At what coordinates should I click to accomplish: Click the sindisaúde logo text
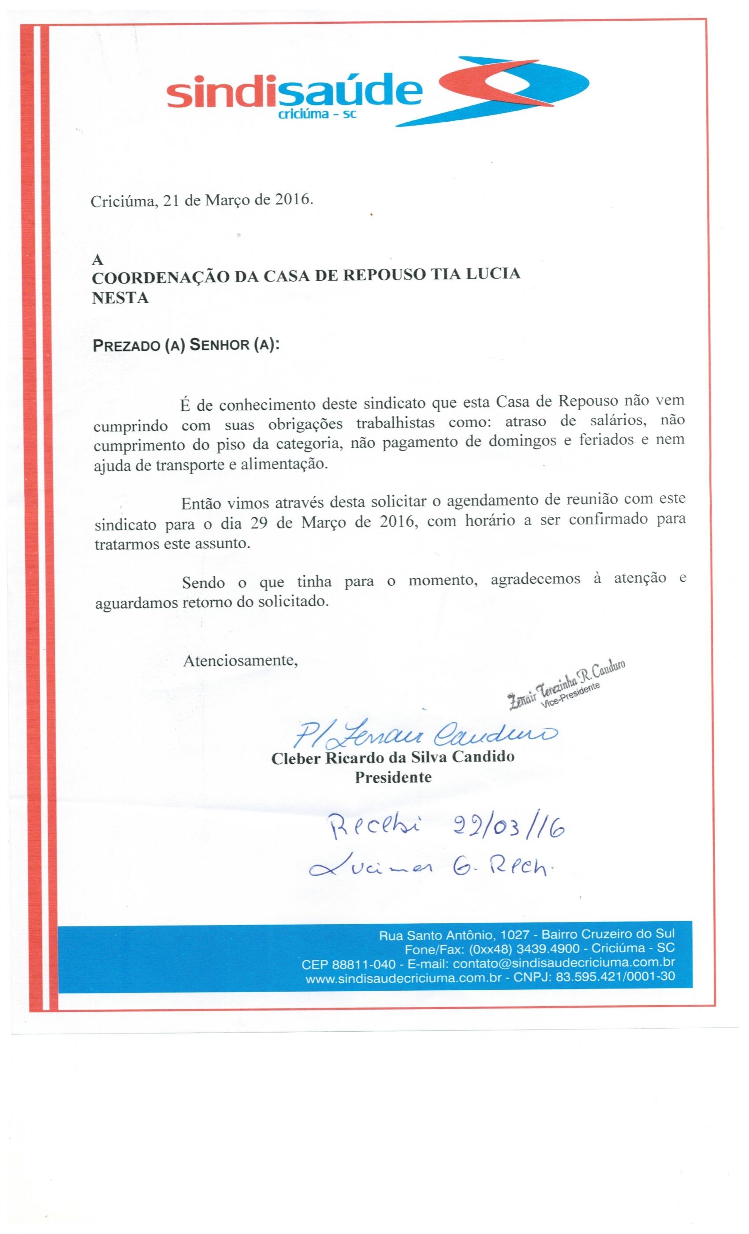[294, 92]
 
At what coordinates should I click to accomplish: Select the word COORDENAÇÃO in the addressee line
[161, 275]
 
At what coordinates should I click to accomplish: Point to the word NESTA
[120, 297]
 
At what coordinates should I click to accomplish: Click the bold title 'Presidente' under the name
[393, 777]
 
